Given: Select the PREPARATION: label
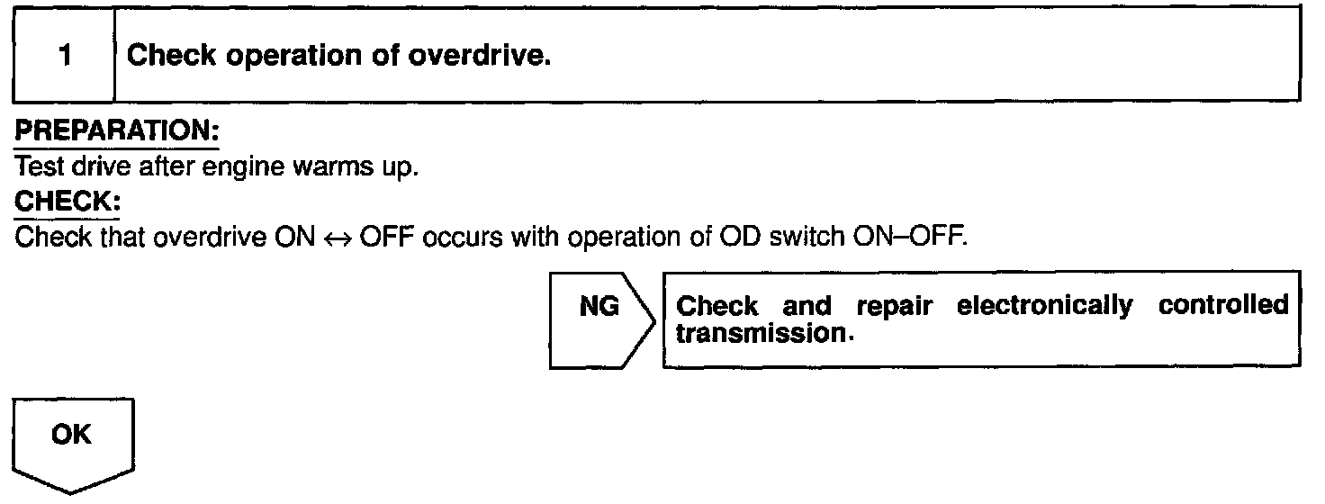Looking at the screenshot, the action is [117, 130].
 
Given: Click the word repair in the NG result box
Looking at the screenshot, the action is [890, 307].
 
